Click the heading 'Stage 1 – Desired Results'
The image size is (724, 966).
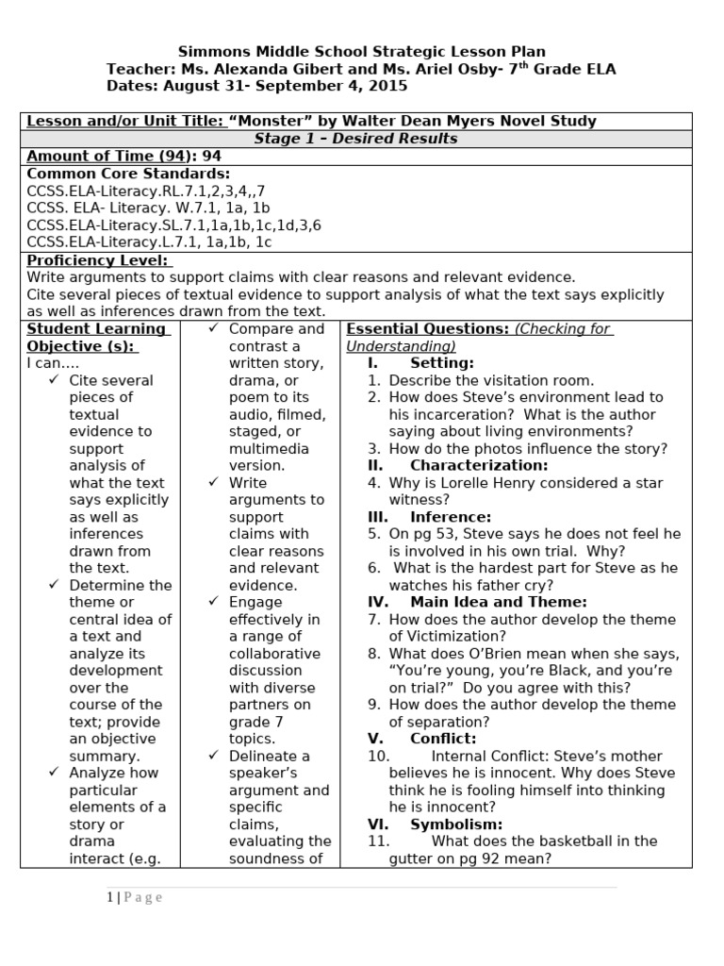355,139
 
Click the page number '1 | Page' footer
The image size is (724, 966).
134,897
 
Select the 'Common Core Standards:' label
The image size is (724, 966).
128,174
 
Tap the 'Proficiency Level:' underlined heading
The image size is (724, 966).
98,259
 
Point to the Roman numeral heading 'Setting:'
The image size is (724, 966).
441,363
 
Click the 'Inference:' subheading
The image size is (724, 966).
451,517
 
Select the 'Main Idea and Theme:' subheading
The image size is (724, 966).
498,602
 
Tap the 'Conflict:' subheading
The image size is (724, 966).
443,739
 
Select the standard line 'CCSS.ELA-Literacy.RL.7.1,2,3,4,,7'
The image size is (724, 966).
146,191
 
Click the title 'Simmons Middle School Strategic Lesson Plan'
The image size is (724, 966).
362,52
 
